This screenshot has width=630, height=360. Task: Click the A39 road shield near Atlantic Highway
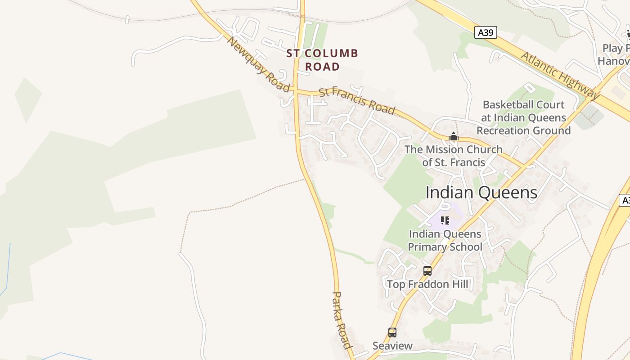486,32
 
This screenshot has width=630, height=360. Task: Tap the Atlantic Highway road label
560,75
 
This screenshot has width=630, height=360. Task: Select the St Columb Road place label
322,60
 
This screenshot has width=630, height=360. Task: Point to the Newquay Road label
258,64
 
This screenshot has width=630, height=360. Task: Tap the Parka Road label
341,320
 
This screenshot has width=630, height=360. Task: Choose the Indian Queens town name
481,193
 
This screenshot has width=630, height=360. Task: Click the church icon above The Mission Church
453,137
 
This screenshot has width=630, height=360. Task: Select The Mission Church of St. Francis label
453,156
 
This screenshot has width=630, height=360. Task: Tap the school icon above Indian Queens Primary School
445,220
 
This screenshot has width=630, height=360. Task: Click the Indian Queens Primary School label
445,240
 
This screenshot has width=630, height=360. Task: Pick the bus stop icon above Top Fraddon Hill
427,271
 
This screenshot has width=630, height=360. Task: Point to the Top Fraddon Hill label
427,284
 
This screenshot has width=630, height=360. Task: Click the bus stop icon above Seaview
392,333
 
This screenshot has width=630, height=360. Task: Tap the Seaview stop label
392,346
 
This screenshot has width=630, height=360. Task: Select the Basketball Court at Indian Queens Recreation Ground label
523,117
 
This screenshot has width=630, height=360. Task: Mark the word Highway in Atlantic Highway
578,85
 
